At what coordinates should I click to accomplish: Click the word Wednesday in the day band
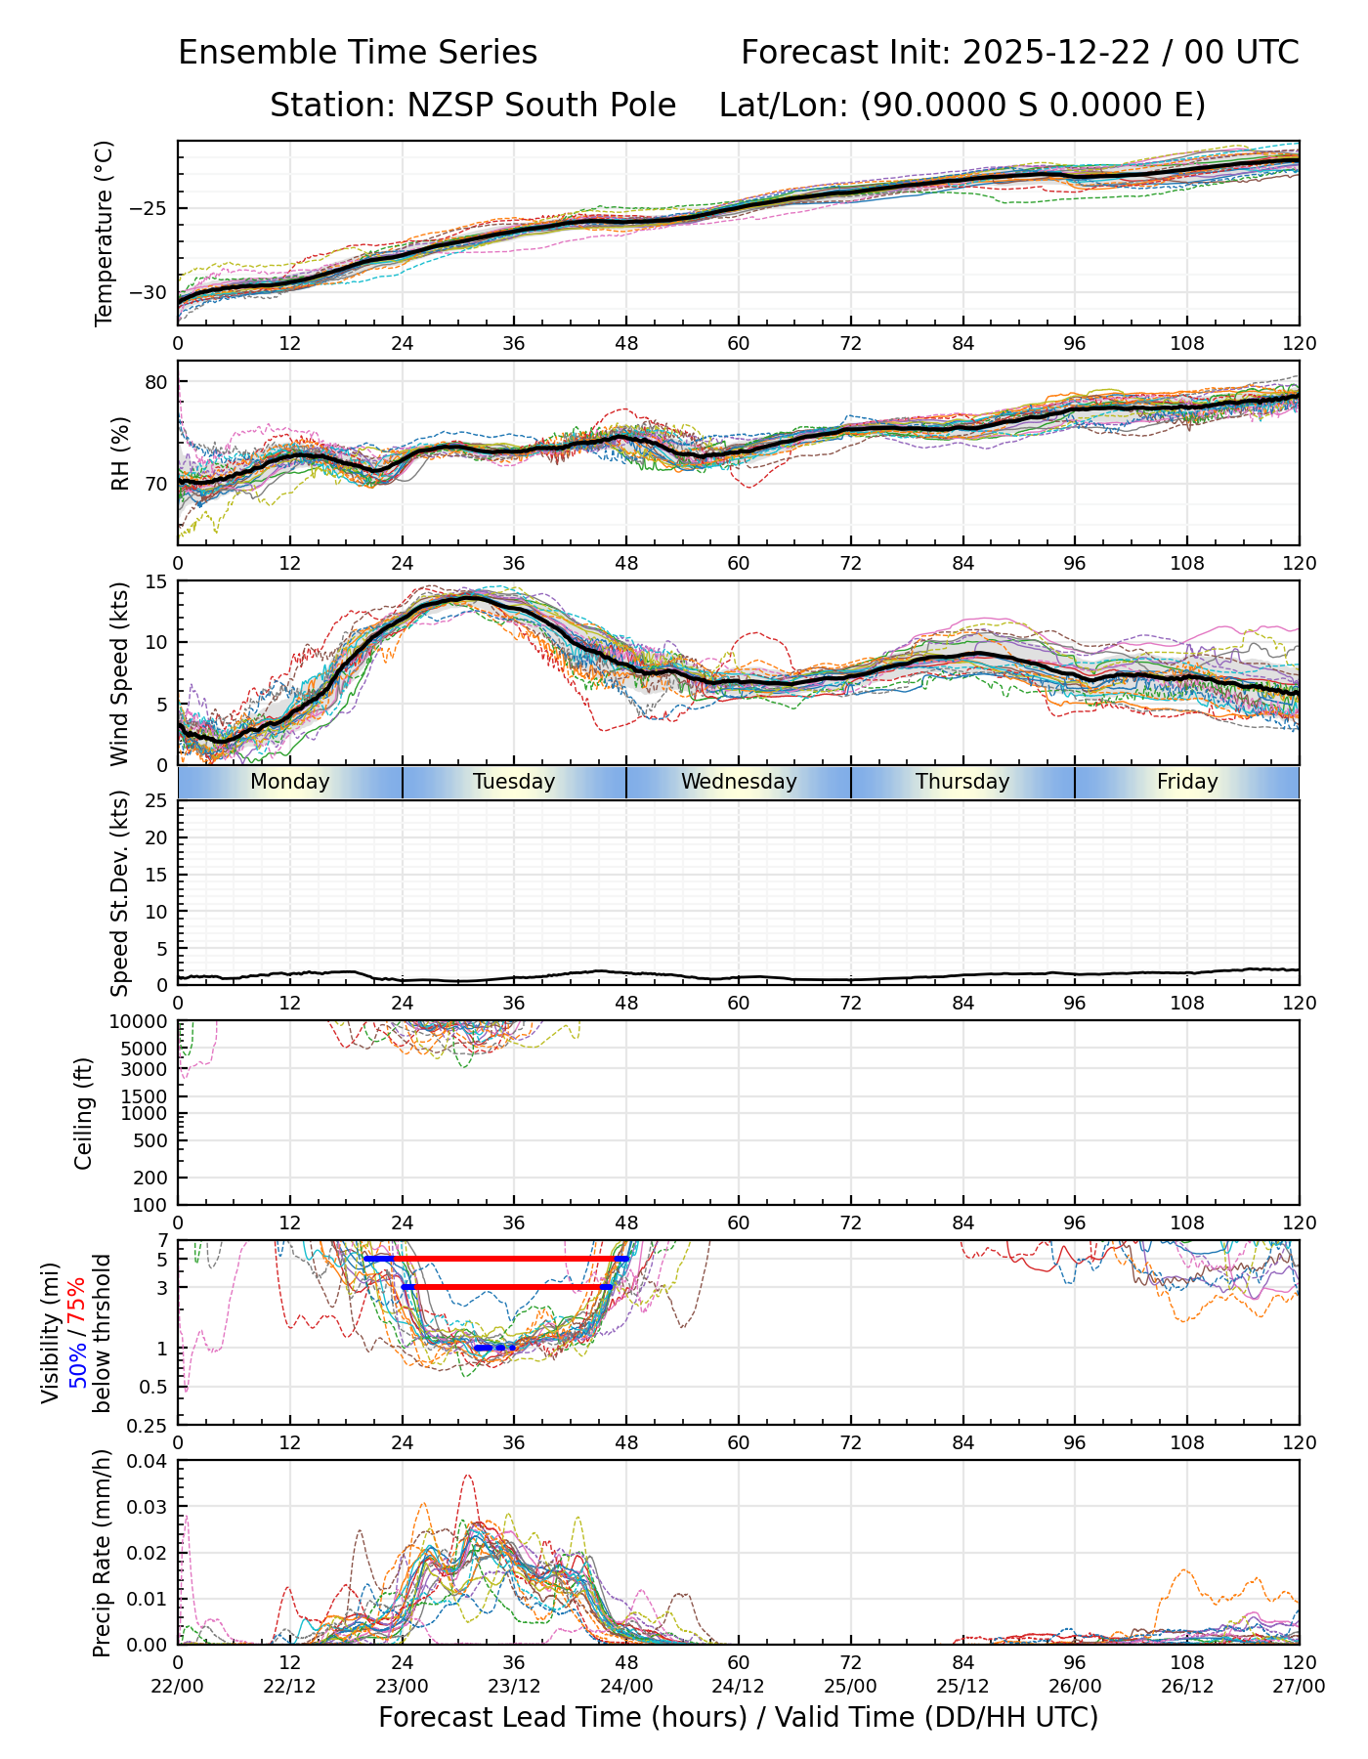tap(739, 782)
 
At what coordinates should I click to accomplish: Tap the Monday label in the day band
tap(290, 782)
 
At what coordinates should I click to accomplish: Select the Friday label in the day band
tap(1187, 782)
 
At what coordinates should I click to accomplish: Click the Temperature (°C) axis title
tap(105, 233)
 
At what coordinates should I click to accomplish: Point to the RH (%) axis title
tap(120, 453)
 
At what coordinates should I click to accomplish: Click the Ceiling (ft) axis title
tap(84, 1113)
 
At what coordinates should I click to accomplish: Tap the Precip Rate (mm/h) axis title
tap(102, 1553)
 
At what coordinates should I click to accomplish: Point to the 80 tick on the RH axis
tap(155, 381)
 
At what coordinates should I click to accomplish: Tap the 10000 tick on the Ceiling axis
tap(141, 1022)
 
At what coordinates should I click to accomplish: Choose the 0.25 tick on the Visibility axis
tap(149, 1425)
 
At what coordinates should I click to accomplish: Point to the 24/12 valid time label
tap(739, 1687)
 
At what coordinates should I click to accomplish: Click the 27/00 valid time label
tap(1299, 1687)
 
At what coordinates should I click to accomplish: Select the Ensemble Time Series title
tap(358, 53)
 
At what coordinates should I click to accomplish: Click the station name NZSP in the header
tap(438, 106)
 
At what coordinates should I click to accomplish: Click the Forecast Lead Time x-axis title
tap(739, 1717)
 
